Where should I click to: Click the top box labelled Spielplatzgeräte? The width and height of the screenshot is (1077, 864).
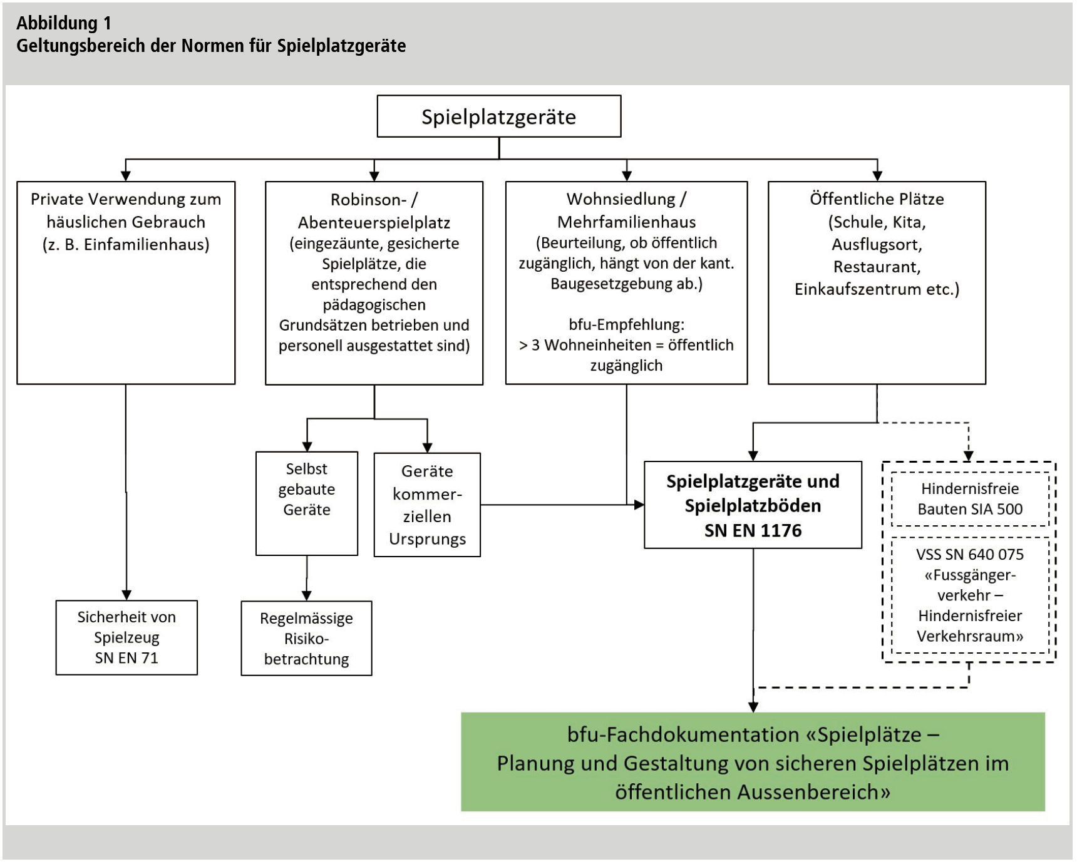pyautogui.click(x=498, y=116)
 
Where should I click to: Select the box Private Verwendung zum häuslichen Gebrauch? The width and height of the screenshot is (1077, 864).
pyautogui.click(x=126, y=282)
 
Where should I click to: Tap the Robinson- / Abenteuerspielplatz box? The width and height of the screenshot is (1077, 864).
pyautogui.click(x=374, y=282)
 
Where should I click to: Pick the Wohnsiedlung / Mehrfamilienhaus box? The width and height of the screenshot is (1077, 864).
pyautogui.click(x=626, y=282)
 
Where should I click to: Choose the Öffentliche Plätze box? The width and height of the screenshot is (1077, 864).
pyautogui.click(x=877, y=282)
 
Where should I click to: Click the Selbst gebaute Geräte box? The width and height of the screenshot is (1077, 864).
pyautogui.click(x=307, y=503)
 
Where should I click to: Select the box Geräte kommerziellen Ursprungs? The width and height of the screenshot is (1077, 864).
pyautogui.click(x=427, y=505)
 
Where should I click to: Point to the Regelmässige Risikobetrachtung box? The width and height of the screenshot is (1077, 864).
pyautogui.click(x=306, y=638)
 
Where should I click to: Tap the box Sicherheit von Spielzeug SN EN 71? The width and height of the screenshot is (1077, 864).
pyautogui.click(x=126, y=637)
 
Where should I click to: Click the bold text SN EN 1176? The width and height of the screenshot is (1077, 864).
pyautogui.click(x=753, y=531)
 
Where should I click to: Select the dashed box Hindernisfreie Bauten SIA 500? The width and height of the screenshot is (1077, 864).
pyautogui.click(x=969, y=499)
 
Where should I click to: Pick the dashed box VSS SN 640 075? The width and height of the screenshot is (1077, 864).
pyautogui.click(x=969, y=595)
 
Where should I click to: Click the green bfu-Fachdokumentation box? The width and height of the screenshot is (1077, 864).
pyautogui.click(x=753, y=762)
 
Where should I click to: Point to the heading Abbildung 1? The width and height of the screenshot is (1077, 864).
pyautogui.click(x=64, y=23)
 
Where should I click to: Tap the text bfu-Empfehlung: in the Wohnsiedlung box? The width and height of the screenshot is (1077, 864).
pyautogui.click(x=626, y=324)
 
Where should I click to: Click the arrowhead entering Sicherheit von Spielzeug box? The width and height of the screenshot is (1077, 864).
pyautogui.click(x=126, y=595)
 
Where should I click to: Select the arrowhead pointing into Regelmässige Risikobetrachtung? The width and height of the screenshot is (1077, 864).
pyautogui.click(x=307, y=595)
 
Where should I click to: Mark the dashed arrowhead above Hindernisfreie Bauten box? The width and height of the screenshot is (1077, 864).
pyautogui.click(x=969, y=456)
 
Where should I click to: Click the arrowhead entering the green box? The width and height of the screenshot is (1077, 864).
pyautogui.click(x=753, y=707)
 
